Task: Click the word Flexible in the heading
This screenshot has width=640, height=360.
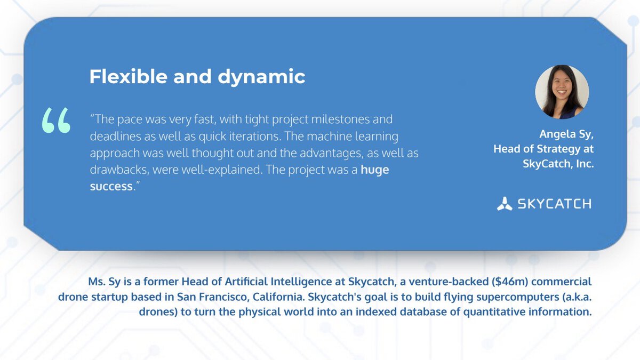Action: pos(129,76)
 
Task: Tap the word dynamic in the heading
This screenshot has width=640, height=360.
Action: pos(261,77)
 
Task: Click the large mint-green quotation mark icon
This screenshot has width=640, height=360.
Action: pos(56,121)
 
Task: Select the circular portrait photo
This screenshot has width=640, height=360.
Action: pos(562,92)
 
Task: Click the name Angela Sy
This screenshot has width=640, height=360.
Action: pos(566,134)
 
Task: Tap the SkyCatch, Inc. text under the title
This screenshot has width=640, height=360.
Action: pos(558,164)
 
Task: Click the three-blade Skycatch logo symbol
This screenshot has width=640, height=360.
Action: pos(505,204)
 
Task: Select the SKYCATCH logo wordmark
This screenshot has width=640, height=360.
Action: pos(554,204)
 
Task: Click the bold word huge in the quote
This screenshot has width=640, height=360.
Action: pos(374,170)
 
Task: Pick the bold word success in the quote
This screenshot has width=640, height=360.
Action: pos(111,187)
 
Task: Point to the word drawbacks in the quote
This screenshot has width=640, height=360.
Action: pos(119,170)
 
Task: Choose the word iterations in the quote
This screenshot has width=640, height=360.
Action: pos(238,136)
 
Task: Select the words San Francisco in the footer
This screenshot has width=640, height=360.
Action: pos(211,297)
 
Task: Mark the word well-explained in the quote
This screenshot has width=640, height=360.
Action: pos(221,170)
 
